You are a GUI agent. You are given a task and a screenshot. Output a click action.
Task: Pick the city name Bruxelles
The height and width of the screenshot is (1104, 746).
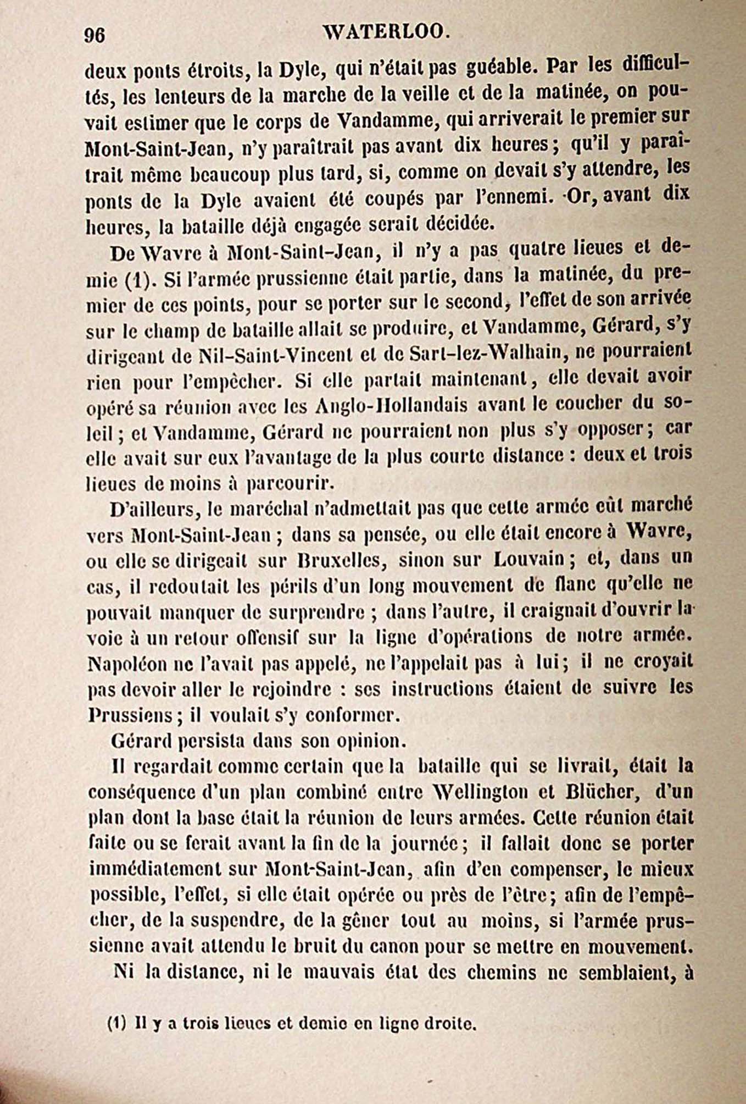[x=334, y=560]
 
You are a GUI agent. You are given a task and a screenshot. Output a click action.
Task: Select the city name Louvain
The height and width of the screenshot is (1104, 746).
[x=528, y=559]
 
